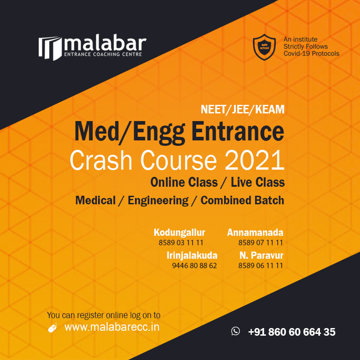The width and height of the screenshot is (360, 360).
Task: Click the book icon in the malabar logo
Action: pos(50,48)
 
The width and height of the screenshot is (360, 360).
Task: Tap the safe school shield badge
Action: pos(264,47)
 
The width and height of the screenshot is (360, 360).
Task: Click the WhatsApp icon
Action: pos(235,331)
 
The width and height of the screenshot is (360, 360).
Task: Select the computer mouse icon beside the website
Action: pos(53,328)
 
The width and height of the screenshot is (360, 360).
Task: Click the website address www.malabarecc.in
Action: pos(112,327)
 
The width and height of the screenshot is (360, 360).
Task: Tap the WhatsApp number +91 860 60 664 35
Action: pos(292,332)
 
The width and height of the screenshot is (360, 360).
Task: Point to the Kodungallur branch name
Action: pos(179,232)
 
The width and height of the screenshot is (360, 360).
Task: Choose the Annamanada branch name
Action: pos(255,232)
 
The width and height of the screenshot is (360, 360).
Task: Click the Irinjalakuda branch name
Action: pos(192,255)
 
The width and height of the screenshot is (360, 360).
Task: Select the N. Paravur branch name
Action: pos(261,255)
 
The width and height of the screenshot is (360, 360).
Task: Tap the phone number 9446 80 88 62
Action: pos(194,265)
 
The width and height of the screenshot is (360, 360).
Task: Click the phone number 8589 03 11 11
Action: pos(181,243)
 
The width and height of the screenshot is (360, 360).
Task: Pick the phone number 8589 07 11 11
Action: pos(261,243)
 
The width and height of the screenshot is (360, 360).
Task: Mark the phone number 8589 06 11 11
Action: pos(261,265)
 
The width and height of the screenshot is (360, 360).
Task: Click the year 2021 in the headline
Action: pos(254,160)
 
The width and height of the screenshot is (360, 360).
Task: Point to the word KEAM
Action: pos(270,109)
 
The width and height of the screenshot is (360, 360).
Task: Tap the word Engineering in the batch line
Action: pos(158,200)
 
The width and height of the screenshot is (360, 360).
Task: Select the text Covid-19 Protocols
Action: pos(311,54)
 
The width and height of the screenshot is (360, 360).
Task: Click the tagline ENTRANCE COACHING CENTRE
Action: pos(103,54)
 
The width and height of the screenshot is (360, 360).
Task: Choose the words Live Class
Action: pos(257,182)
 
